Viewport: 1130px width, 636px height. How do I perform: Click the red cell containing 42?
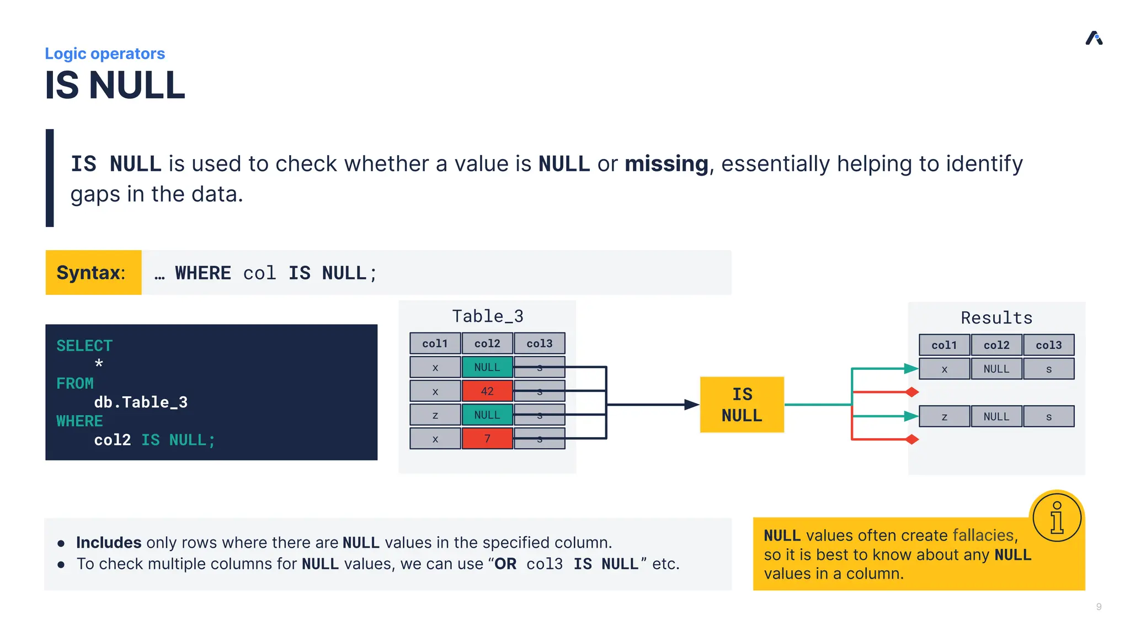[487, 391]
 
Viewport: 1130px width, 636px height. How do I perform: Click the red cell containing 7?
[487, 438]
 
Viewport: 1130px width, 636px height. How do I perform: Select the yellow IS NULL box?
[742, 405]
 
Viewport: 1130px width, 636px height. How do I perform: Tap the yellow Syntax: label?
[93, 273]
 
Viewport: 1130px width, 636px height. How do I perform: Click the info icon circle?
[1057, 517]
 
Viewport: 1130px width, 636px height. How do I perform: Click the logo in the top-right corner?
[1094, 38]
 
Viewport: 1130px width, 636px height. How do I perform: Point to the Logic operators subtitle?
[105, 54]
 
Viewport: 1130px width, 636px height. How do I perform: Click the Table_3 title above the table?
[487, 316]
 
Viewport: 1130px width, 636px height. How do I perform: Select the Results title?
[996, 318]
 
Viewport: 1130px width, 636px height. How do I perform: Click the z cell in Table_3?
[435, 415]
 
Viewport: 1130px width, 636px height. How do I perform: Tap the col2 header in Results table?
[996, 345]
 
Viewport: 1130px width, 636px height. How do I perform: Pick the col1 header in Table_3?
[435, 343]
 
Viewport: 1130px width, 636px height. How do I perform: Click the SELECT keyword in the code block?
[84, 346]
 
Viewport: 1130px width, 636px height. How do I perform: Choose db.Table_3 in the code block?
[141, 402]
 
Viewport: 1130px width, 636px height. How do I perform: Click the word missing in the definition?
[666, 164]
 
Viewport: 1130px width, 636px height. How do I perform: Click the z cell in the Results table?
[944, 417]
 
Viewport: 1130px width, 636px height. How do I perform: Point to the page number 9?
[1099, 607]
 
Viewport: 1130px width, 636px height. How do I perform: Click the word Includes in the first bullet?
[109, 543]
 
